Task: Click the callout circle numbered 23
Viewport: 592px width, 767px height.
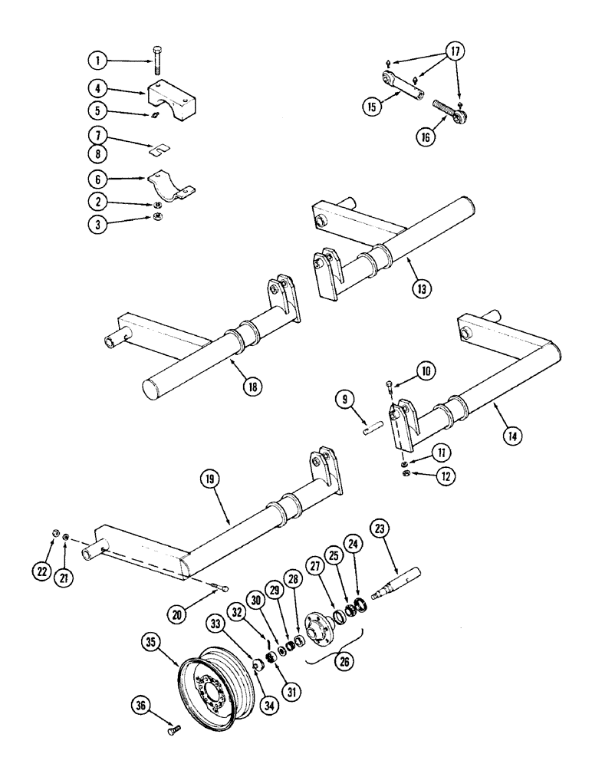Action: click(380, 528)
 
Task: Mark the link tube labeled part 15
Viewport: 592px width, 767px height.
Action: click(403, 86)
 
